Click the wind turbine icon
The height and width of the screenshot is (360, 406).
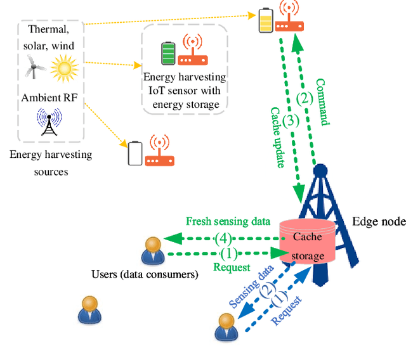click(34, 66)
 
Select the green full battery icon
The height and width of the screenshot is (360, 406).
click(167, 53)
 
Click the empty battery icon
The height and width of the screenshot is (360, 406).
click(135, 153)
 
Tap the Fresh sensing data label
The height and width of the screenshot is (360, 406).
click(228, 221)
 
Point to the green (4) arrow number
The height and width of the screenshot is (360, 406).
click(223, 239)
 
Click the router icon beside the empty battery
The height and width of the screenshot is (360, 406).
click(160, 152)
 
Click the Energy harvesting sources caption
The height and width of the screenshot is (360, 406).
click(51, 163)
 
